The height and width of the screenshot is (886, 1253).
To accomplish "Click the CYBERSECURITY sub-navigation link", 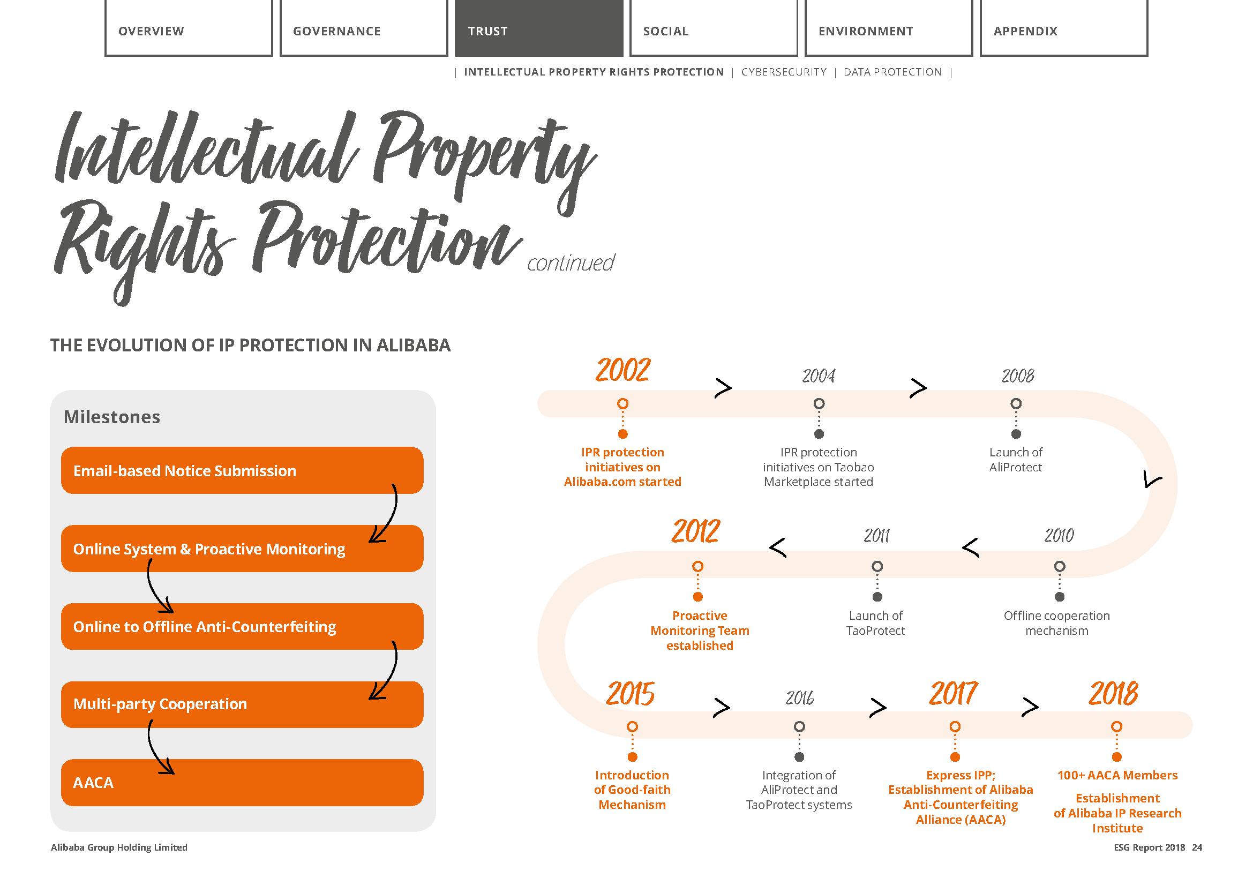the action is [x=784, y=72].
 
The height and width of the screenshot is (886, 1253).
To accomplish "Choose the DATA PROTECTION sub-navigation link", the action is [x=892, y=72].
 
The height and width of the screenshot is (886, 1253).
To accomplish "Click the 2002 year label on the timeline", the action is [x=622, y=371].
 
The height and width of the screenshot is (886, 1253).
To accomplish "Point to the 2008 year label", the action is [x=1018, y=376].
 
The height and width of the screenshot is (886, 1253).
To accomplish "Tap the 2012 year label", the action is [x=696, y=531].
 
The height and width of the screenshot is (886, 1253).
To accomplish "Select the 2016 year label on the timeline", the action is [x=799, y=698].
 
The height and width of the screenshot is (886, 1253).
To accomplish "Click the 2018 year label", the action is [x=1113, y=693].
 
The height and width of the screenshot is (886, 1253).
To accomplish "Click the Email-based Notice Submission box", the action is [x=242, y=470].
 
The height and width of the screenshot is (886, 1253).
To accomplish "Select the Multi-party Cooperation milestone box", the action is [x=242, y=704].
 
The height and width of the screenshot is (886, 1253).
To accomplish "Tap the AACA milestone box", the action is [x=242, y=782].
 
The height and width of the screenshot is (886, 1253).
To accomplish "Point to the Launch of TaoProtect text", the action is [x=875, y=623].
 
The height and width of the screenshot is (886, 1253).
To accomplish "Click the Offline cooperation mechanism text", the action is [x=1056, y=623].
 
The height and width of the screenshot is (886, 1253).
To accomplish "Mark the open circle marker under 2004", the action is [x=819, y=404].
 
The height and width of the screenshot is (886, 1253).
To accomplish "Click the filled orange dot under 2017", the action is [x=955, y=757].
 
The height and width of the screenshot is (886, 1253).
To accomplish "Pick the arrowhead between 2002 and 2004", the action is [x=723, y=388].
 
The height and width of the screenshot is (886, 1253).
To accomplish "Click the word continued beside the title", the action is [x=571, y=263].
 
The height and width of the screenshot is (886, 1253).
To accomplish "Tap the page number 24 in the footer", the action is [x=1197, y=847].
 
